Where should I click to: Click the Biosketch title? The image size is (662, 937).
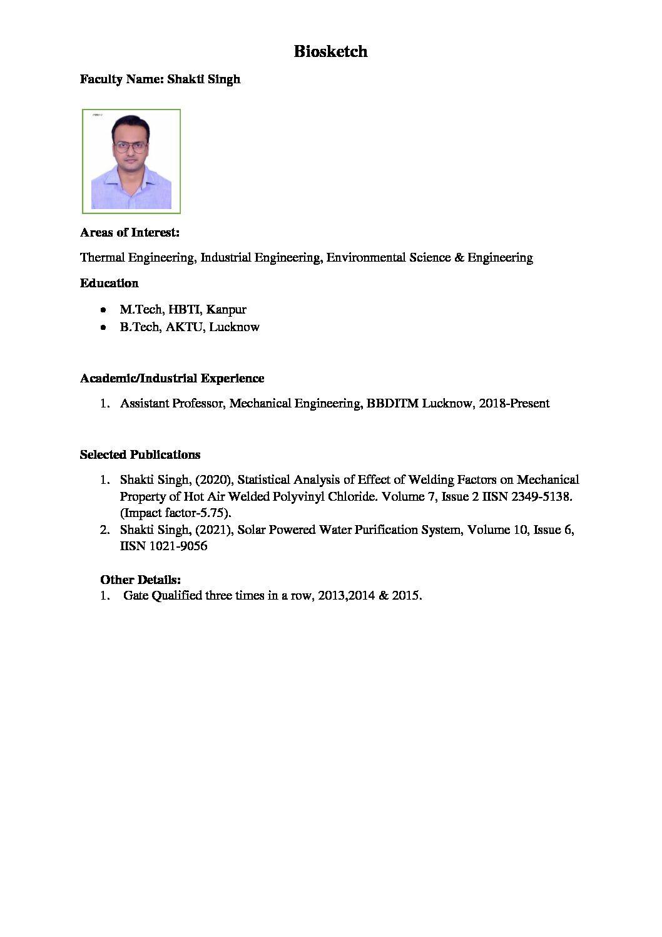[x=330, y=51]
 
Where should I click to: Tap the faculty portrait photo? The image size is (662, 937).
[x=131, y=161]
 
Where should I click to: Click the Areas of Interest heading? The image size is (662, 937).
[x=130, y=233]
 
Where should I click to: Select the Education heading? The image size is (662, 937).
[x=109, y=284]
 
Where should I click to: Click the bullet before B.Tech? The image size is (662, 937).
[x=103, y=327]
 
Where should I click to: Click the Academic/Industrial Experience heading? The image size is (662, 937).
[x=171, y=379]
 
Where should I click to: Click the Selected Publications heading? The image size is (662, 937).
[x=140, y=455]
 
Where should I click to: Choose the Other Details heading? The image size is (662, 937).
[x=140, y=580]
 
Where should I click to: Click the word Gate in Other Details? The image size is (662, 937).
[x=136, y=596]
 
